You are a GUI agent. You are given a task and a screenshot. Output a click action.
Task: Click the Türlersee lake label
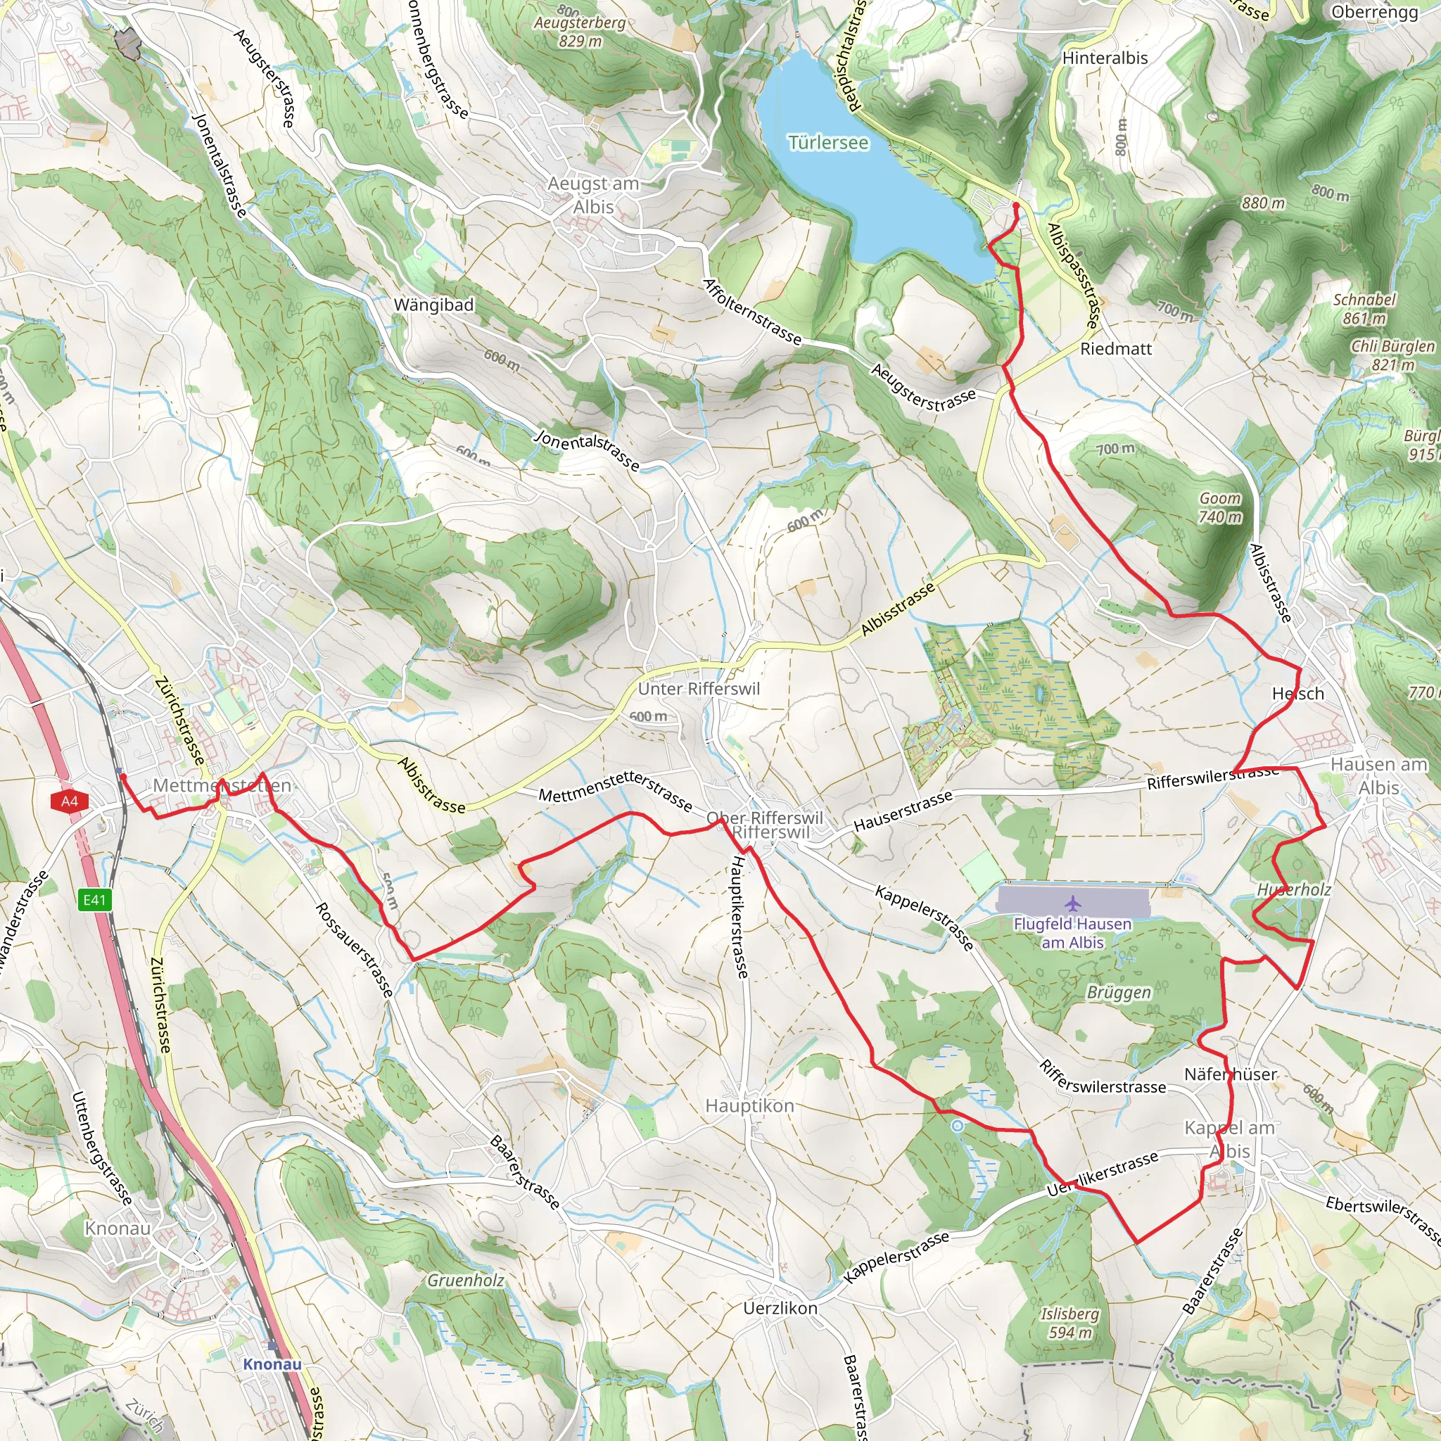[828, 142]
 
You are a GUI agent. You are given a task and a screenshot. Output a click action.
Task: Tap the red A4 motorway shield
[70, 802]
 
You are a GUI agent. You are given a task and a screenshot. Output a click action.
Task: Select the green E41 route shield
[95, 900]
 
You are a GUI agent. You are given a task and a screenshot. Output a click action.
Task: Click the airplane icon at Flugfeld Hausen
[1072, 903]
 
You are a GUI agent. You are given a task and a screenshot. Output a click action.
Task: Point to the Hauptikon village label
[749, 1105]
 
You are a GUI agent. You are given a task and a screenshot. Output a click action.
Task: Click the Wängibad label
[433, 305]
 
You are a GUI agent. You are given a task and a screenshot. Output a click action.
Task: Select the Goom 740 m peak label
[1220, 507]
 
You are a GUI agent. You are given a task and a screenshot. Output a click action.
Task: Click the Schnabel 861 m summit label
[1364, 309]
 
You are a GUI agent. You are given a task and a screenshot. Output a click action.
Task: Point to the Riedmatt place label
[1116, 349]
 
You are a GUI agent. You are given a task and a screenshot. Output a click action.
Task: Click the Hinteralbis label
[1105, 58]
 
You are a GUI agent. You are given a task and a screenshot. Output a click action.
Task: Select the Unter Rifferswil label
[699, 689]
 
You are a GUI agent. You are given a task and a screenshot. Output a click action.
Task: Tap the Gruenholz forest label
[465, 1281]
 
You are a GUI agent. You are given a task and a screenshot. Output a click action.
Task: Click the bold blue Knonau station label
[272, 1364]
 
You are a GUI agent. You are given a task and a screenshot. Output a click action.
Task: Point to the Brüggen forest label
[1119, 992]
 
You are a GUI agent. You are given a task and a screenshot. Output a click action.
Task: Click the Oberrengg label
[1375, 13]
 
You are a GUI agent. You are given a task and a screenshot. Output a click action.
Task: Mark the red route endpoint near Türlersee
[1016, 205]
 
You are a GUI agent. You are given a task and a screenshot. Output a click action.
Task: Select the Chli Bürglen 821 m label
[1392, 356]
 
